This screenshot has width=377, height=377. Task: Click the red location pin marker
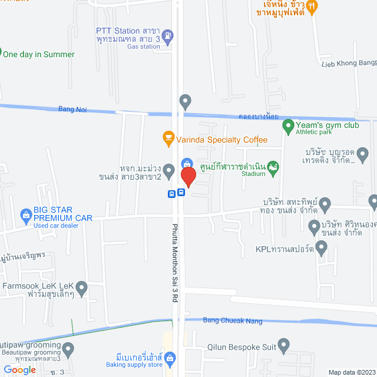(188, 176)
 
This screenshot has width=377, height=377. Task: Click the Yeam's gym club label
(327, 125)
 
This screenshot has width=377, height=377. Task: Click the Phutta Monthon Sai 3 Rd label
(175, 262)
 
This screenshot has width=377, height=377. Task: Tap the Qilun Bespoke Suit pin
(285, 345)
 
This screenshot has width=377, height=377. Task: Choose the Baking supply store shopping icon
(170, 358)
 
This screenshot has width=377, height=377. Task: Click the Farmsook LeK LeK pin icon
(82, 288)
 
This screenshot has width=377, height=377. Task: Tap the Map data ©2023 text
(351, 372)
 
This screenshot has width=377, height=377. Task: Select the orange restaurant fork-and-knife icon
(313, 6)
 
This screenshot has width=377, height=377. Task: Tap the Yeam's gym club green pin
(288, 125)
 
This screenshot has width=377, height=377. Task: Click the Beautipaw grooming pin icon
(69, 349)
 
